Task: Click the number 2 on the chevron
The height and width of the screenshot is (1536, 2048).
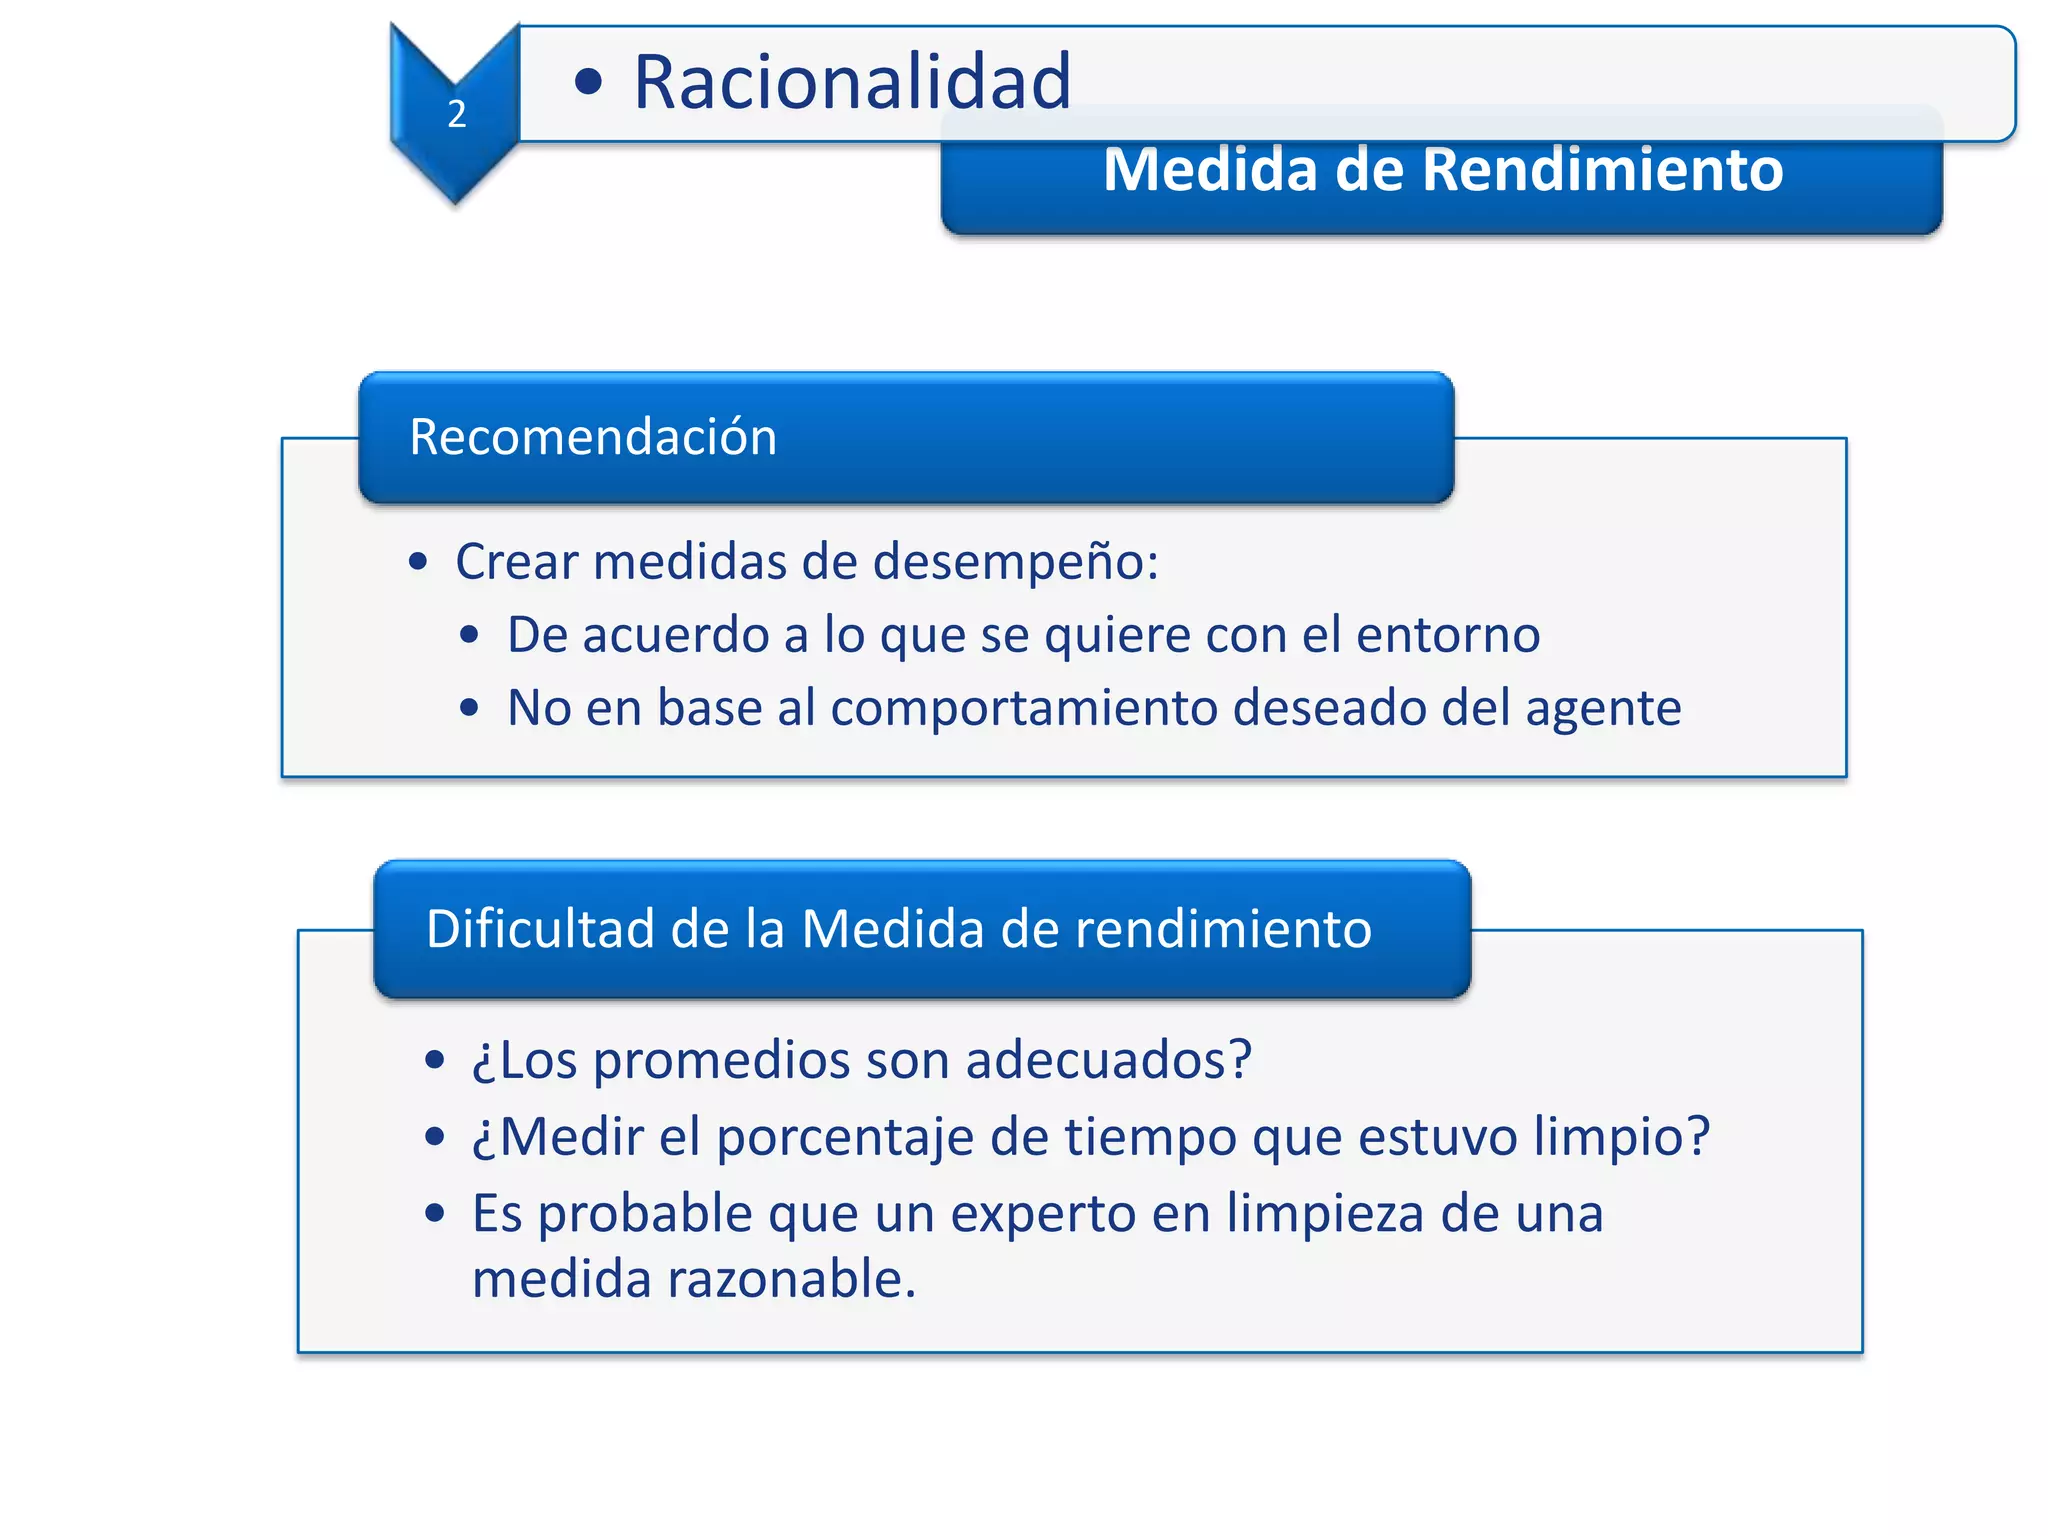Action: coord(457,114)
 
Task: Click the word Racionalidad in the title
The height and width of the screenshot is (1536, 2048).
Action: coord(852,82)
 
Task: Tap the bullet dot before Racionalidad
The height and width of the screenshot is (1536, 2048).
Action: coord(589,82)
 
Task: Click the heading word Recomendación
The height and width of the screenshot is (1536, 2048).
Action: coord(593,437)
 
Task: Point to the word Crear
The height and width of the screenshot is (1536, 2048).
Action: coord(516,561)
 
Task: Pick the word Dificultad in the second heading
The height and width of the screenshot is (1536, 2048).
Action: coord(539,929)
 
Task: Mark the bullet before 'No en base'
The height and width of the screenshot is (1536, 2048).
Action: coord(469,709)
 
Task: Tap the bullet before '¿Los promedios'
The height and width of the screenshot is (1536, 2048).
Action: coord(434,1060)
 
